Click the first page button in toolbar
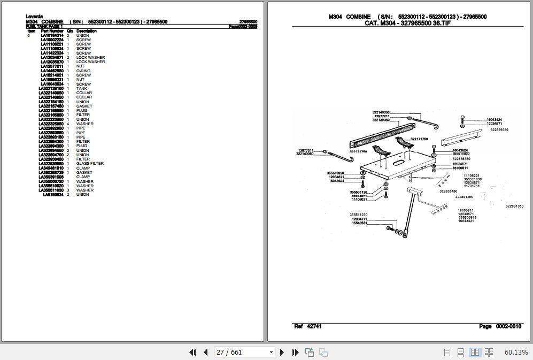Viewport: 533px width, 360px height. [x=193, y=352]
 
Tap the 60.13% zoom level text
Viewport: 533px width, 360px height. [x=516, y=352]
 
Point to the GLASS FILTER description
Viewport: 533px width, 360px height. [x=90, y=164]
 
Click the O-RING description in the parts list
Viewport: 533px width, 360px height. [x=83, y=71]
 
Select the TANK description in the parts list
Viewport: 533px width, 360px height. [x=81, y=88]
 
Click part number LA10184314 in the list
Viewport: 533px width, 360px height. [x=52, y=35]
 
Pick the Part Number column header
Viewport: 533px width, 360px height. [x=52, y=31]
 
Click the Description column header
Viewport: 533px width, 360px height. [x=86, y=31]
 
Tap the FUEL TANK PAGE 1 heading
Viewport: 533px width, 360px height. [x=44, y=26]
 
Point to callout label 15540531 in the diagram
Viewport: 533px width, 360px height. [x=359, y=223]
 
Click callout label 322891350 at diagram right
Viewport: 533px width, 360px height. [x=514, y=206]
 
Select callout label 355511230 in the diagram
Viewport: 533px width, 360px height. [x=359, y=215]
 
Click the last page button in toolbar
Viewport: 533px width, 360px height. [x=295, y=352]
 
